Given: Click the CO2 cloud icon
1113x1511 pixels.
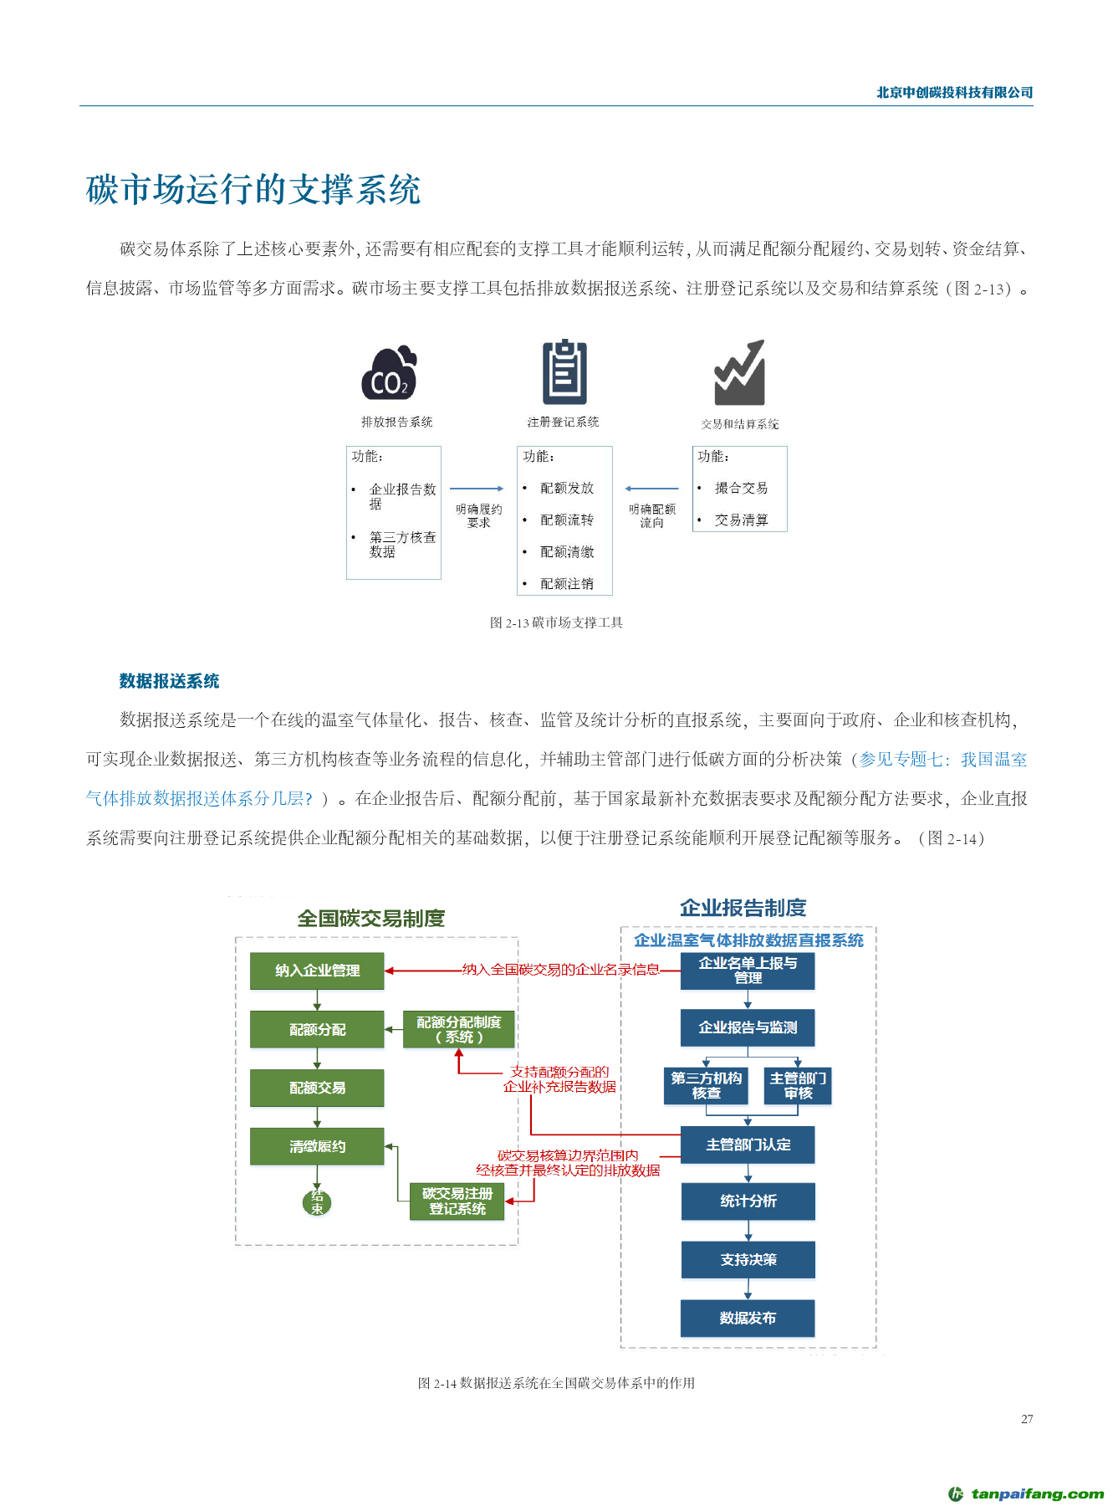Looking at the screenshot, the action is pos(389,373).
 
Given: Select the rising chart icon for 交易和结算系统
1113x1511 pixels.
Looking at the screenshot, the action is pos(740,372).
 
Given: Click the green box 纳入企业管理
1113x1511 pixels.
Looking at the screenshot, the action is pos(317,971).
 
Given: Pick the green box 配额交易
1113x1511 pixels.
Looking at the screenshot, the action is pos(317,1088).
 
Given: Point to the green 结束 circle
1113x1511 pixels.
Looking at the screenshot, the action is pos(317,1202).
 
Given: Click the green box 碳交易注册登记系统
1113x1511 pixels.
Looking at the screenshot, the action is pos(457,1201).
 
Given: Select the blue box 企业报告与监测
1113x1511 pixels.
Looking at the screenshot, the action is pos(748,1027).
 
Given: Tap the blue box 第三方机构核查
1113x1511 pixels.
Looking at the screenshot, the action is pos(706,1086).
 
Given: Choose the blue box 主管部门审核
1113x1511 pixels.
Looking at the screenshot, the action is pos(799,1086).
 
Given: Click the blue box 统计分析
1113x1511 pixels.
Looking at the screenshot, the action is pos(748,1201).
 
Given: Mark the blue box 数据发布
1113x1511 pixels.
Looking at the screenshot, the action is pos(748,1319).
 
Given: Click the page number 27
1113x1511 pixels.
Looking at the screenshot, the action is pos(1027,1419).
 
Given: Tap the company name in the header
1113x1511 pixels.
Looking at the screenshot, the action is pos(954,93).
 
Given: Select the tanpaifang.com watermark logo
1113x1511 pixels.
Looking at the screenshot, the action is pos(1026,1493).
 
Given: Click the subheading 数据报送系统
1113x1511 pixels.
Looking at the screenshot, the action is pos(169,681).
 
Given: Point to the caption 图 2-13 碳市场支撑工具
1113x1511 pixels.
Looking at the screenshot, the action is pos(556,622).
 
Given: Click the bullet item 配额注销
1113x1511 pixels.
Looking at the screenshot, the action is pos(567,584).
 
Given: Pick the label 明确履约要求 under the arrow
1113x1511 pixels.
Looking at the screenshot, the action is pos(479,515).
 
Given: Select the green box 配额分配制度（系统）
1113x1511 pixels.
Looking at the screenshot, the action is pos(458,1029).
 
